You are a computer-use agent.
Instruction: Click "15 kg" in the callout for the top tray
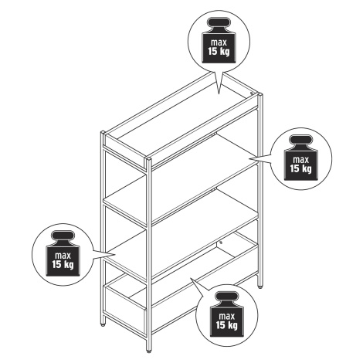[x=219, y=52]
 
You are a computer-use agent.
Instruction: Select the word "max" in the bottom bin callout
[x=227, y=316]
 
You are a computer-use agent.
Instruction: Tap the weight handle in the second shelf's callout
[x=301, y=141]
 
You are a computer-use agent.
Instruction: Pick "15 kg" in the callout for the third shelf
[x=63, y=264]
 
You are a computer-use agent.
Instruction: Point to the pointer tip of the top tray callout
[x=219, y=94]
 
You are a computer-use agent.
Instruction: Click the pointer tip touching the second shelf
[x=249, y=159]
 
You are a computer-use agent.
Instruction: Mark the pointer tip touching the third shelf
[x=115, y=255]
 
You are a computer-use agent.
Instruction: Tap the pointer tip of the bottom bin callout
[x=190, y=278]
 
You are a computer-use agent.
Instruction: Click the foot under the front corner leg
[x=148, y=351]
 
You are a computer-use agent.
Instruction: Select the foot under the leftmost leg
[x=103, y=325]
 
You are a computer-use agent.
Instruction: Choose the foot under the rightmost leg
[x=260, y=287]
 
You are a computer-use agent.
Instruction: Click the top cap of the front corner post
[x=148, y=158]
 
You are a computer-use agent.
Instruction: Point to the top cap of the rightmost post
[x=260, y=94]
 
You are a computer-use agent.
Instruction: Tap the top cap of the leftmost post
[x=103, y=132]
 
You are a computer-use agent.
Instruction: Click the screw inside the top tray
[x=252, y=93]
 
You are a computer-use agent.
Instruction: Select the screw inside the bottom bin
[x=221, y=243]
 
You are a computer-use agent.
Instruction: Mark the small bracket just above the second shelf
[x=213, y=134]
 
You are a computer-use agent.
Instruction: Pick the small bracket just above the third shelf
[x=213, y=190]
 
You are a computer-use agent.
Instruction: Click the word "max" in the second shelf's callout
[x=301, y=160]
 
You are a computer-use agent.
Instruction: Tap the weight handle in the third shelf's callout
[x=63, y=237]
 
